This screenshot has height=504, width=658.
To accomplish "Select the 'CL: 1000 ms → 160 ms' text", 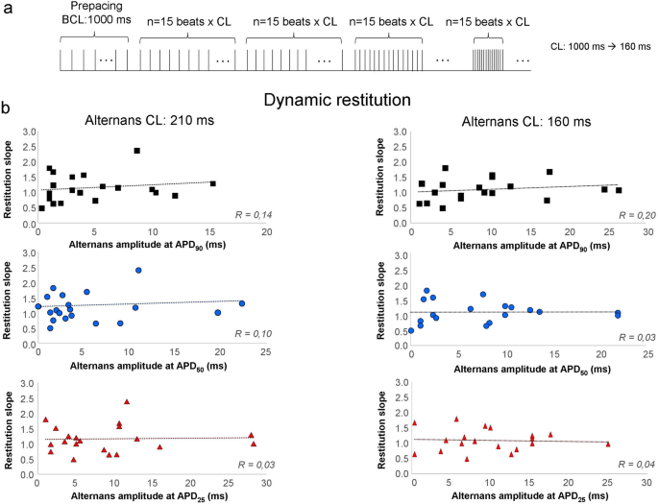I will [604, 45].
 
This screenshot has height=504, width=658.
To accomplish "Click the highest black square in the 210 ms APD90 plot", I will [137, 151].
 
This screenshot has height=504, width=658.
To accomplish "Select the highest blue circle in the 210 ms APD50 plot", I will [138, 271].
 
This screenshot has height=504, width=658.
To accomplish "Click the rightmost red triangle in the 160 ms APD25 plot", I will [607, 444].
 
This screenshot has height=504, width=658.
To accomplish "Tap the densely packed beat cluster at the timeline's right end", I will [486, 60].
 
